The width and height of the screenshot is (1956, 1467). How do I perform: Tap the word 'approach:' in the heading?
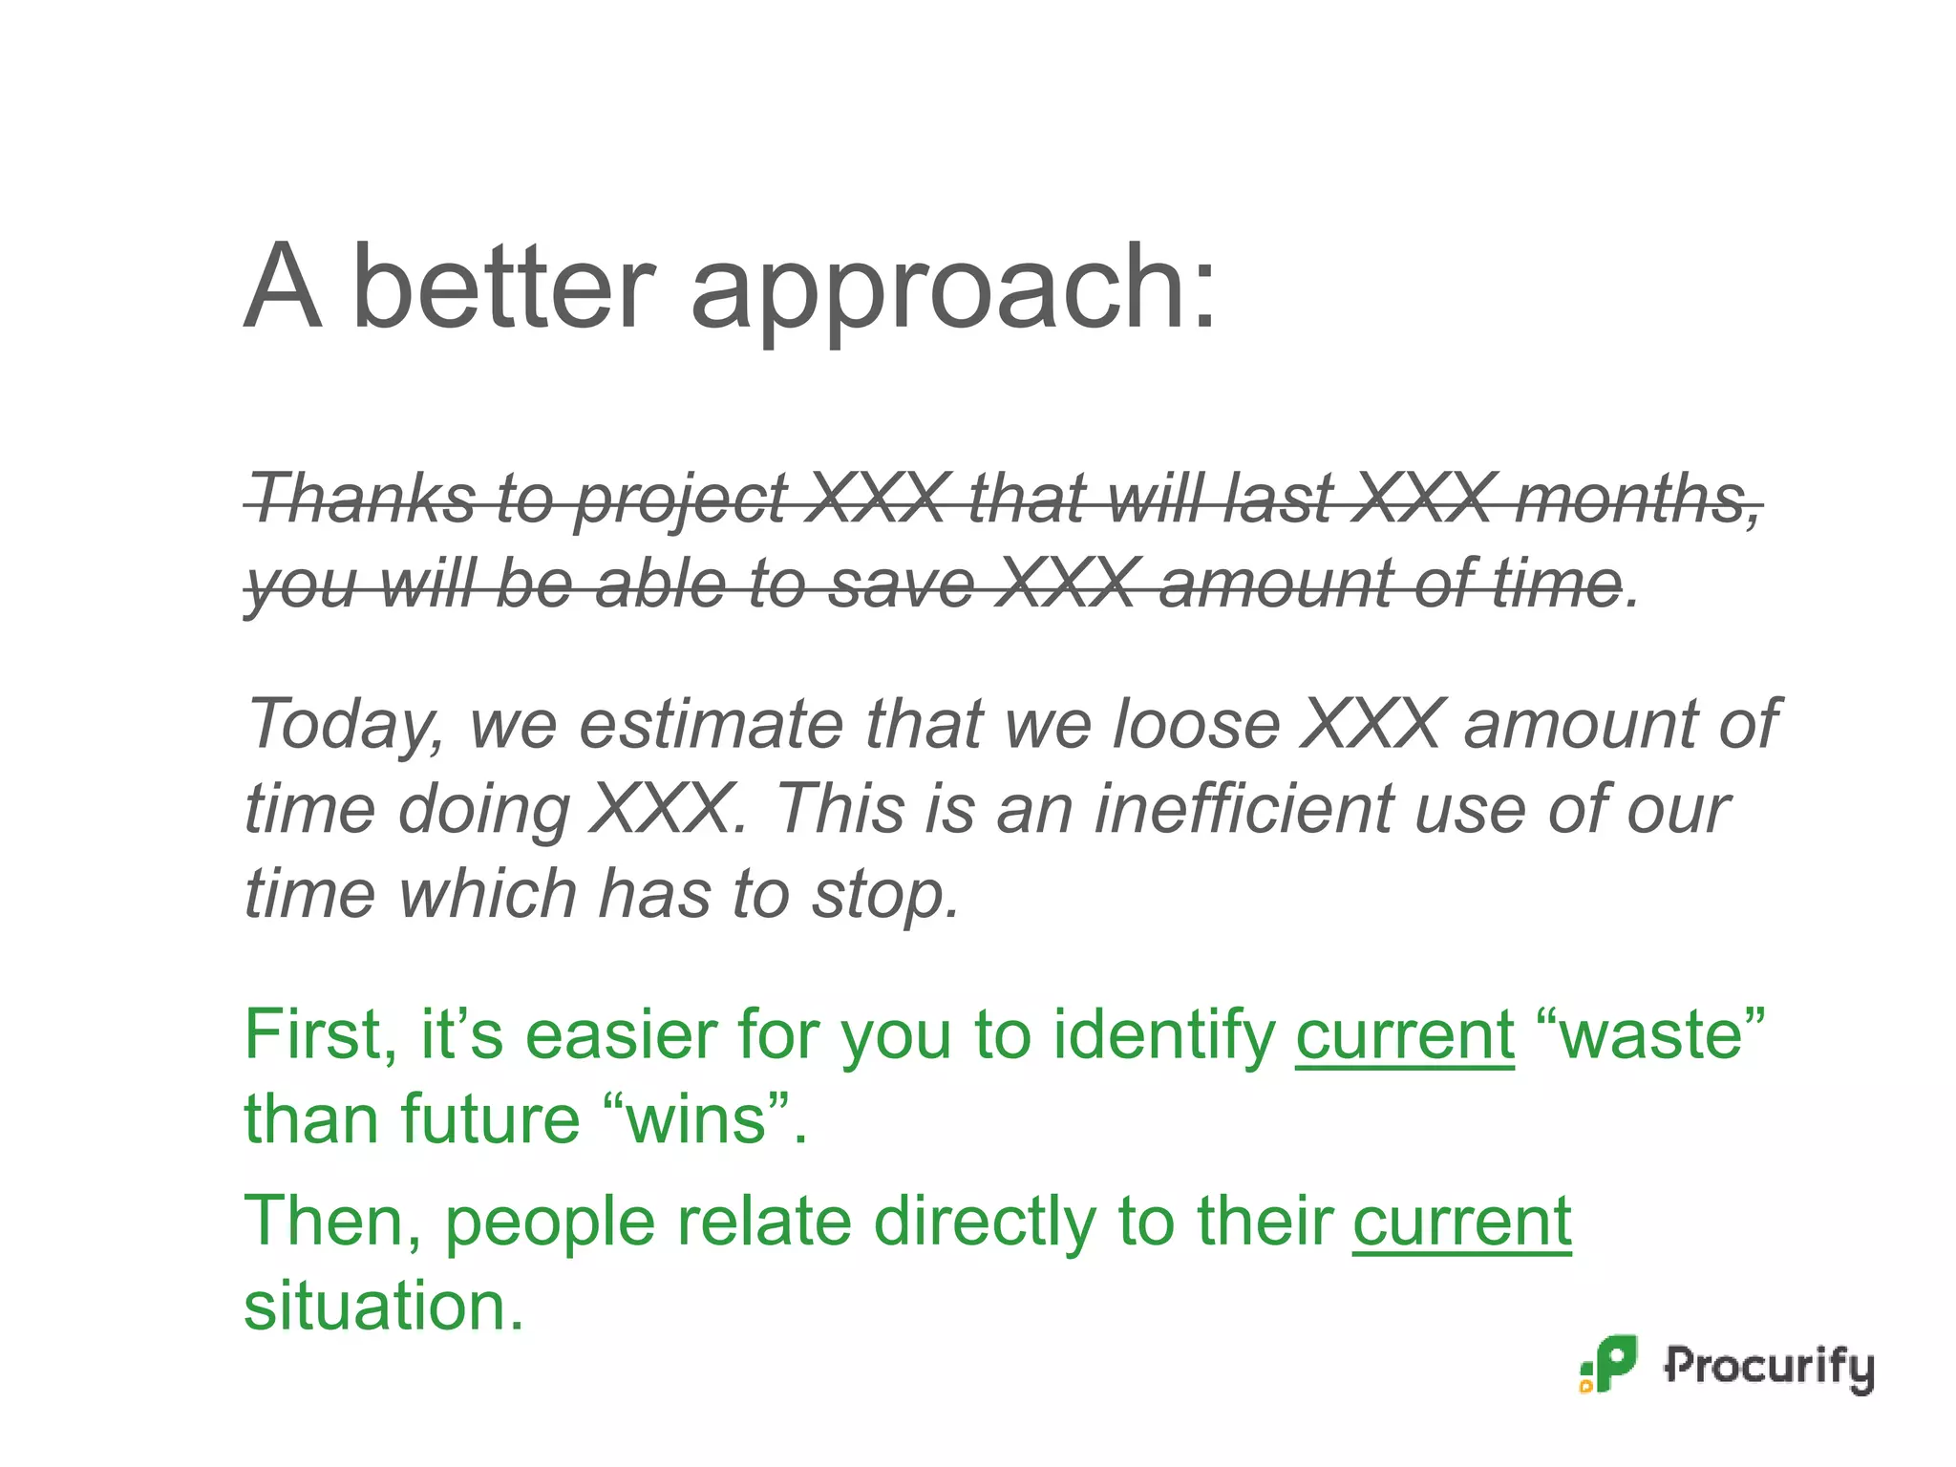[x=952, y=291]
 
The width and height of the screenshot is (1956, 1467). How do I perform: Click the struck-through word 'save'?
[x=902, y=584]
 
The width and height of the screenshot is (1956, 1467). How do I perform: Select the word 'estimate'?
[x=712, y=723]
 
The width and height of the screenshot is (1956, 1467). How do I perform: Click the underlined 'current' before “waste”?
[x=1405, y=1034]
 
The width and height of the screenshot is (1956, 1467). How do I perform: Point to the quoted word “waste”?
[x=1651, y=1034]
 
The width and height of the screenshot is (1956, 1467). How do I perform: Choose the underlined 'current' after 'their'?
[x=1461, y=1222]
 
